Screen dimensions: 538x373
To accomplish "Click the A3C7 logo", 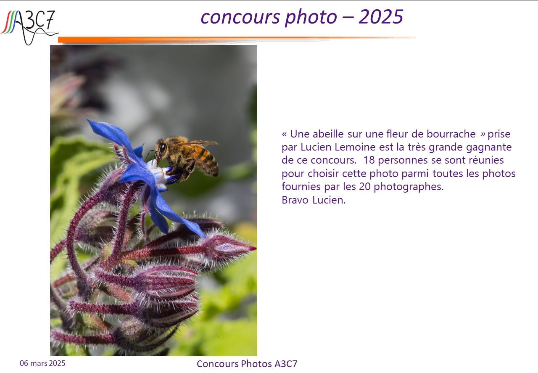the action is (29, 27).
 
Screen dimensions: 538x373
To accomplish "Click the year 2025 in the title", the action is (381, 17).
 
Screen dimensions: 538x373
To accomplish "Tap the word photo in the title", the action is (311, 18).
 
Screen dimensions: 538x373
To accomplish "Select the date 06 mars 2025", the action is (42, 363).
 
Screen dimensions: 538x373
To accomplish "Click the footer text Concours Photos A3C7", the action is (247, 364).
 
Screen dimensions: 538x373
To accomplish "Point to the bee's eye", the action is (163, 147).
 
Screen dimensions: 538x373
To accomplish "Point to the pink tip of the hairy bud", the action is (253, 248).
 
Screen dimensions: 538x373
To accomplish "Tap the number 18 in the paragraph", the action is (369, 160).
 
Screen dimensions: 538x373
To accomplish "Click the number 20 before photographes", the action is (364, 187).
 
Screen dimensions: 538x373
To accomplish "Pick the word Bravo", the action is (295, 200).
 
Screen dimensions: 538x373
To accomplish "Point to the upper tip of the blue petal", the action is (88, 120).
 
